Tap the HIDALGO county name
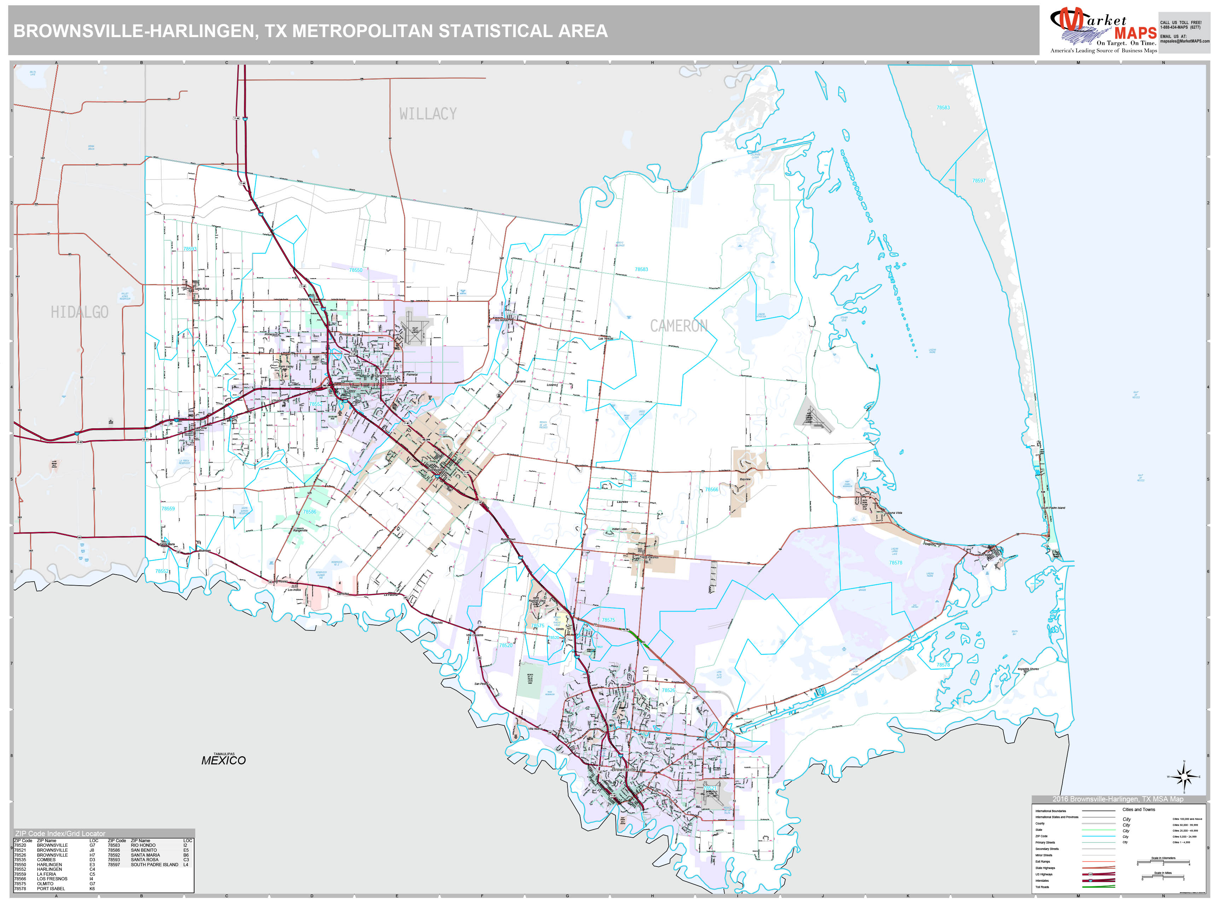pos(80,312)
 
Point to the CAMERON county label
pos(679,326)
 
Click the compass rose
pos(1184,777)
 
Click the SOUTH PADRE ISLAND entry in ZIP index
pos(154,865)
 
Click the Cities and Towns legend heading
pos(1138,809)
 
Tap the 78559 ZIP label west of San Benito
pos(168,509)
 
